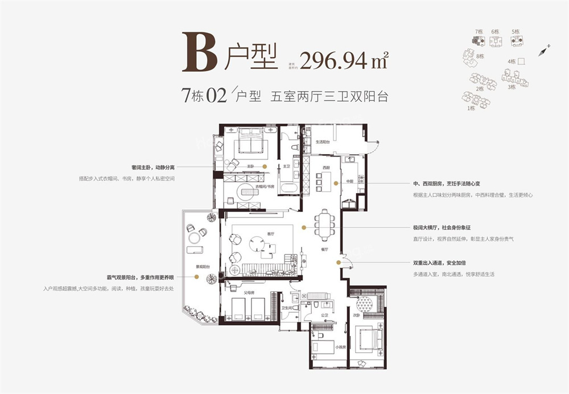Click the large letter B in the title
click(200, 52)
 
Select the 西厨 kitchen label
click(325, 168)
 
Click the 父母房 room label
click(248, 293)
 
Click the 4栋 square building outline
click(521, 61)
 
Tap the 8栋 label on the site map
click(480, 56)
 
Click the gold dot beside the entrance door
click(339, 262)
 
